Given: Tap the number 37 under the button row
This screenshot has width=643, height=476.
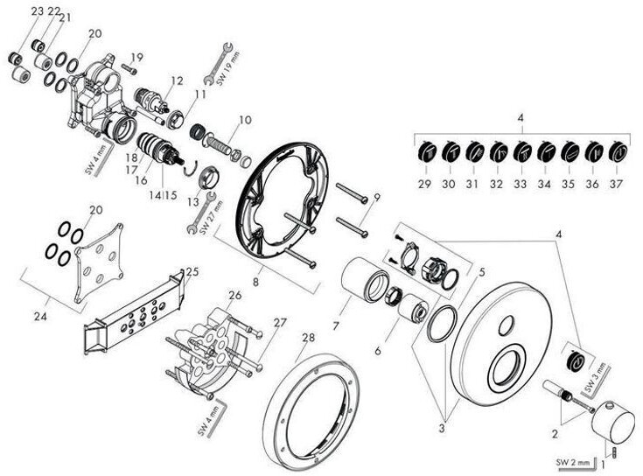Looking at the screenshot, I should [x=617, y=185].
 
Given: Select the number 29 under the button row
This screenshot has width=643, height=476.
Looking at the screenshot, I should [x=424, y=185].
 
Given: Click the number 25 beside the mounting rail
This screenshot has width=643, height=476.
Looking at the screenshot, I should [x=192, y=272].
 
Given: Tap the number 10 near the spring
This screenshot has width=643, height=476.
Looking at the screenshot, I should [x=245, y=120].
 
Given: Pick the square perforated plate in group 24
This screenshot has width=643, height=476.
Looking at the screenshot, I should [x=98, y=258].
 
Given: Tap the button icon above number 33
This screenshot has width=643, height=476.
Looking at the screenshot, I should [x=521, y=152].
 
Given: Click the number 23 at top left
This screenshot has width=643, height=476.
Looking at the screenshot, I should [x=13, y=10].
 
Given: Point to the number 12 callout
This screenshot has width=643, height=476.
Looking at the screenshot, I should [x=178, y=81].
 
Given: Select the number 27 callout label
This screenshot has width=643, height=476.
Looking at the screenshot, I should [x=255, y=323].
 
